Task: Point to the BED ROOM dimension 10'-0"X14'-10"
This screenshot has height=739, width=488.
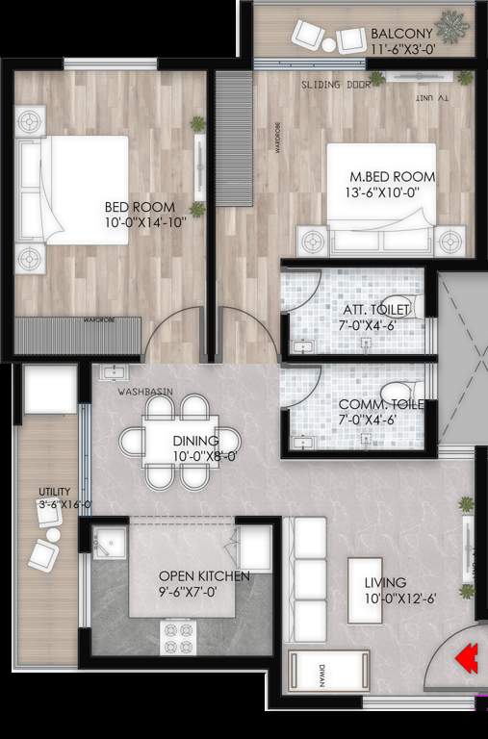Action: coord(140,223)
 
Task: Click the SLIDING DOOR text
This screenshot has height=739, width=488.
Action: coord(334,85)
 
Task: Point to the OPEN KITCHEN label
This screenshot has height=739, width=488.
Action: coord(204,576)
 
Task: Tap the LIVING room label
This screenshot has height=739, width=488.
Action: coord(385,582)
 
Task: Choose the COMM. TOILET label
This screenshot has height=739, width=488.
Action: coord(381,405)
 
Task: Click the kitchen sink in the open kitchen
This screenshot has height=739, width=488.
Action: coord(111,544)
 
